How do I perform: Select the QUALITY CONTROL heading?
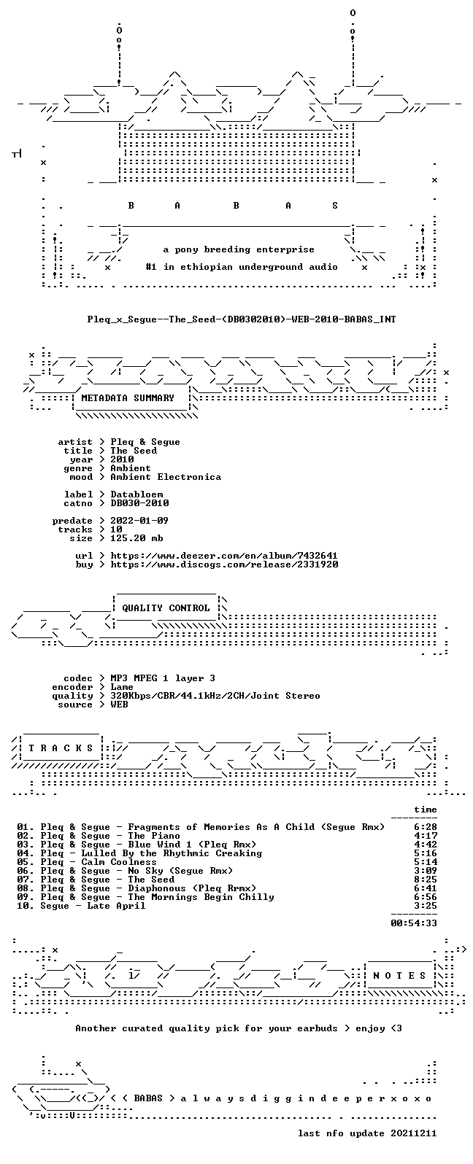166,608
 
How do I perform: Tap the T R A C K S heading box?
61,748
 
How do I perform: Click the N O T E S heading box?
399,976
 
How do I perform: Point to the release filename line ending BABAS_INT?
242,319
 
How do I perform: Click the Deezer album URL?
224,556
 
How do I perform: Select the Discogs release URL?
224,564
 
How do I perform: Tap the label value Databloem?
136,494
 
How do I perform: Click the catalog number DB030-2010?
139,503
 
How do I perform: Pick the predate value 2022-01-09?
139,521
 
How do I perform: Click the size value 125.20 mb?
136,538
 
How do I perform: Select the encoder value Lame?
122,687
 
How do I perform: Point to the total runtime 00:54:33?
414,923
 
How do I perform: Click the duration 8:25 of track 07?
425,880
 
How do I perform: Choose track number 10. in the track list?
26,906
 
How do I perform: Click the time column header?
425,810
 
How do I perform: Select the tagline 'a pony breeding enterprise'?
239,250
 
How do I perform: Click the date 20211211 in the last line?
414,1133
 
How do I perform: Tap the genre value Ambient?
131,468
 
